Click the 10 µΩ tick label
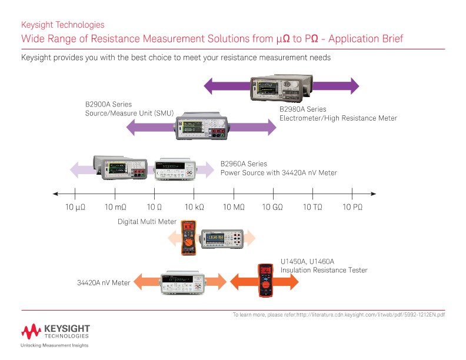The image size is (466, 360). (75, 207)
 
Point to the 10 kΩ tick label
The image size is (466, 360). (194, 207)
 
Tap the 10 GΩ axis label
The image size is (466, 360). (272, 207)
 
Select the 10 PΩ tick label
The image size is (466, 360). (352, 207)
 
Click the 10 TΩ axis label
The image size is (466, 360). (312, 207)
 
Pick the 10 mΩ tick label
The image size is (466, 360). (115, 207)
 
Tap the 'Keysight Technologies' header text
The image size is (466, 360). (62, 25)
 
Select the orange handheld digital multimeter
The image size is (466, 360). (189, 237)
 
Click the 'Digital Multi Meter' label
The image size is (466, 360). (147, 222)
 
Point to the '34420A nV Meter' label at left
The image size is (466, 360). (104, 283)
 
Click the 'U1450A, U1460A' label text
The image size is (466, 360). (307, 262)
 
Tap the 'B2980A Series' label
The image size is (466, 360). (302, 109)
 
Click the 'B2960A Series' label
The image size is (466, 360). (244, 164)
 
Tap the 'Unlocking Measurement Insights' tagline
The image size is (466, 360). (55, 345)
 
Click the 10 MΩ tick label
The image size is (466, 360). (234, 207)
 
